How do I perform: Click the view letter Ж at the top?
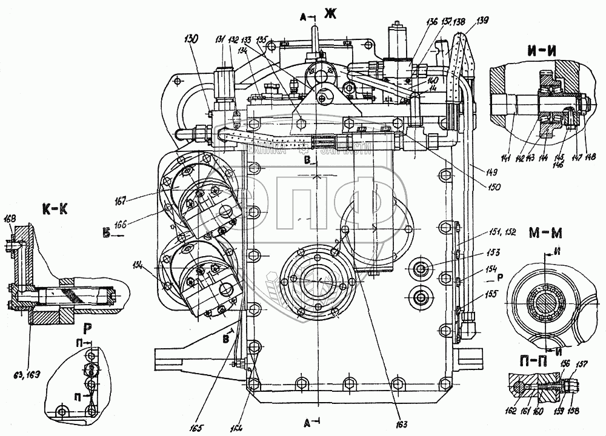[x=330, y=13]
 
